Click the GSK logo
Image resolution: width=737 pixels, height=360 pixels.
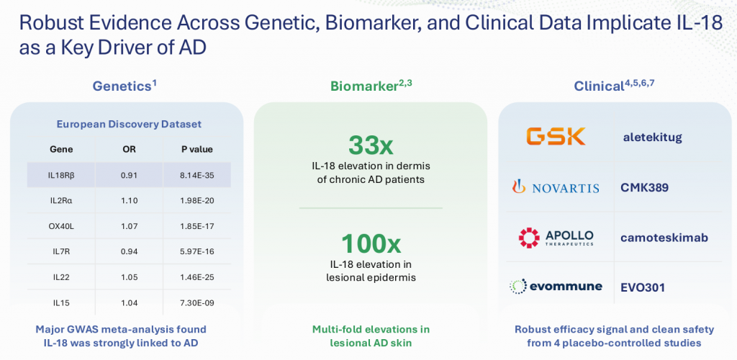click(556, 136)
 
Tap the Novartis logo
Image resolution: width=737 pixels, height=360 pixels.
click(556, 187)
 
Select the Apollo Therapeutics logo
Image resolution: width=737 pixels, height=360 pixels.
click(556, 238)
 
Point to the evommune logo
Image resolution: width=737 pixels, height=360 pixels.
click(556, 286)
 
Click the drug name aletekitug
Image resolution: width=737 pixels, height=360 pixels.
click(651, 138)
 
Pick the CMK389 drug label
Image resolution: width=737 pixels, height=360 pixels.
click(645, 187)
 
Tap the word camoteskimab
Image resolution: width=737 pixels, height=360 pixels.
click(664, 238)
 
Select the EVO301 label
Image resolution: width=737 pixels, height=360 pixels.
click(643, 287)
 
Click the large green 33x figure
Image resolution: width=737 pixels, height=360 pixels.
click(371, 145)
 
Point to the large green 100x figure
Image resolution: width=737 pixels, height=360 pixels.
click(371, 244)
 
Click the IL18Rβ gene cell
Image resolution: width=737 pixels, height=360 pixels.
click(61, 175)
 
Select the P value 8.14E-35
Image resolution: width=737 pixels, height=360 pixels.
click(197, 175)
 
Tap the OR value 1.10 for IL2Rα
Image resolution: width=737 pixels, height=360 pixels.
click(129, 201)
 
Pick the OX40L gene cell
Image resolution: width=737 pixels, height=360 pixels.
click(61, 227)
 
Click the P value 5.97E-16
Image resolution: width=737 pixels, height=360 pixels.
click(197, 252)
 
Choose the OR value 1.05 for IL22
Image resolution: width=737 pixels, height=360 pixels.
click(129, 277)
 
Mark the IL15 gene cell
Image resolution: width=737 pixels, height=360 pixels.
click(61, 303)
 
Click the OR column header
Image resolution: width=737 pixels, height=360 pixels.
click(129, 150)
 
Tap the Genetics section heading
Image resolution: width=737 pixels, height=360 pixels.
click(125, 86)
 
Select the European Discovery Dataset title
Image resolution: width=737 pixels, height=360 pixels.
click(129, 125)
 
